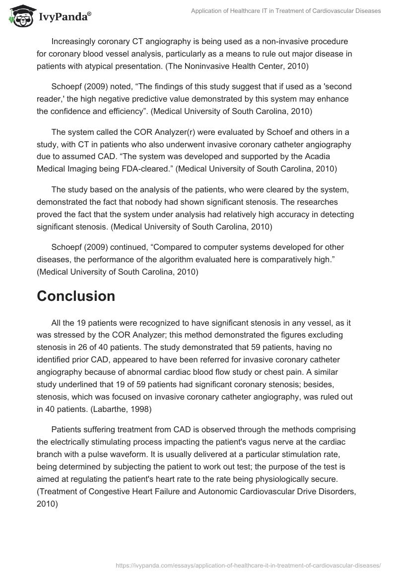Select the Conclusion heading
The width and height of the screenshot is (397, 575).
coord(76,296)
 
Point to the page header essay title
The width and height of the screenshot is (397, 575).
coord(286,11)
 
